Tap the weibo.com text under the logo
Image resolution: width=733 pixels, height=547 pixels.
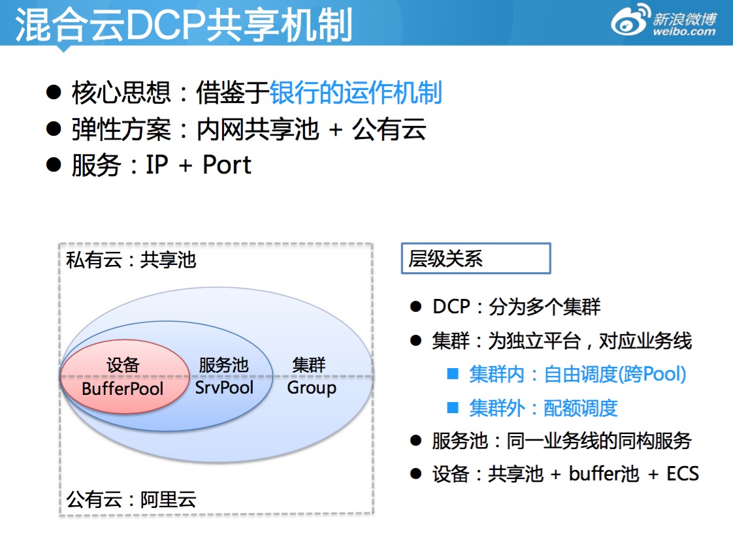(x=684, y=31)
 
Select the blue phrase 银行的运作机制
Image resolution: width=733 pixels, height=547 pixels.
(x=356, y=93)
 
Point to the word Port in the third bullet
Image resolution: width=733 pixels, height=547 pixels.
(x=227, y=164)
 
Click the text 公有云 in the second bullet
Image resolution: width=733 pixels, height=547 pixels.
(x=389, y=129)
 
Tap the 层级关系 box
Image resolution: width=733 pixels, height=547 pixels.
(x=476, y=259)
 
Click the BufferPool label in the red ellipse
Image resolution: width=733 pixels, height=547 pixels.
(x=123, y=389)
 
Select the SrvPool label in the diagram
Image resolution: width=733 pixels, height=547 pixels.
(x=224, y=388)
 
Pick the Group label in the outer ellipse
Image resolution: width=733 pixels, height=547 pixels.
(x=312, y=388)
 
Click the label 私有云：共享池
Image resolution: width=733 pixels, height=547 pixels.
(x=131, y=260)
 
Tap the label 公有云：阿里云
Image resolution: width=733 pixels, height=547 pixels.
(x=131, y=501)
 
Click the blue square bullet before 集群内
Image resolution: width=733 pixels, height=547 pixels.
(x=453, y=374)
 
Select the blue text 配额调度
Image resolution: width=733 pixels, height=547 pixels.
(x=581, y=408)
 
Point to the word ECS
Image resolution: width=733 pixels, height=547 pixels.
(x=682, y=473)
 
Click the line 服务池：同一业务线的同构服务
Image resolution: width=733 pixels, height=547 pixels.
(x=561, y=441)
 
